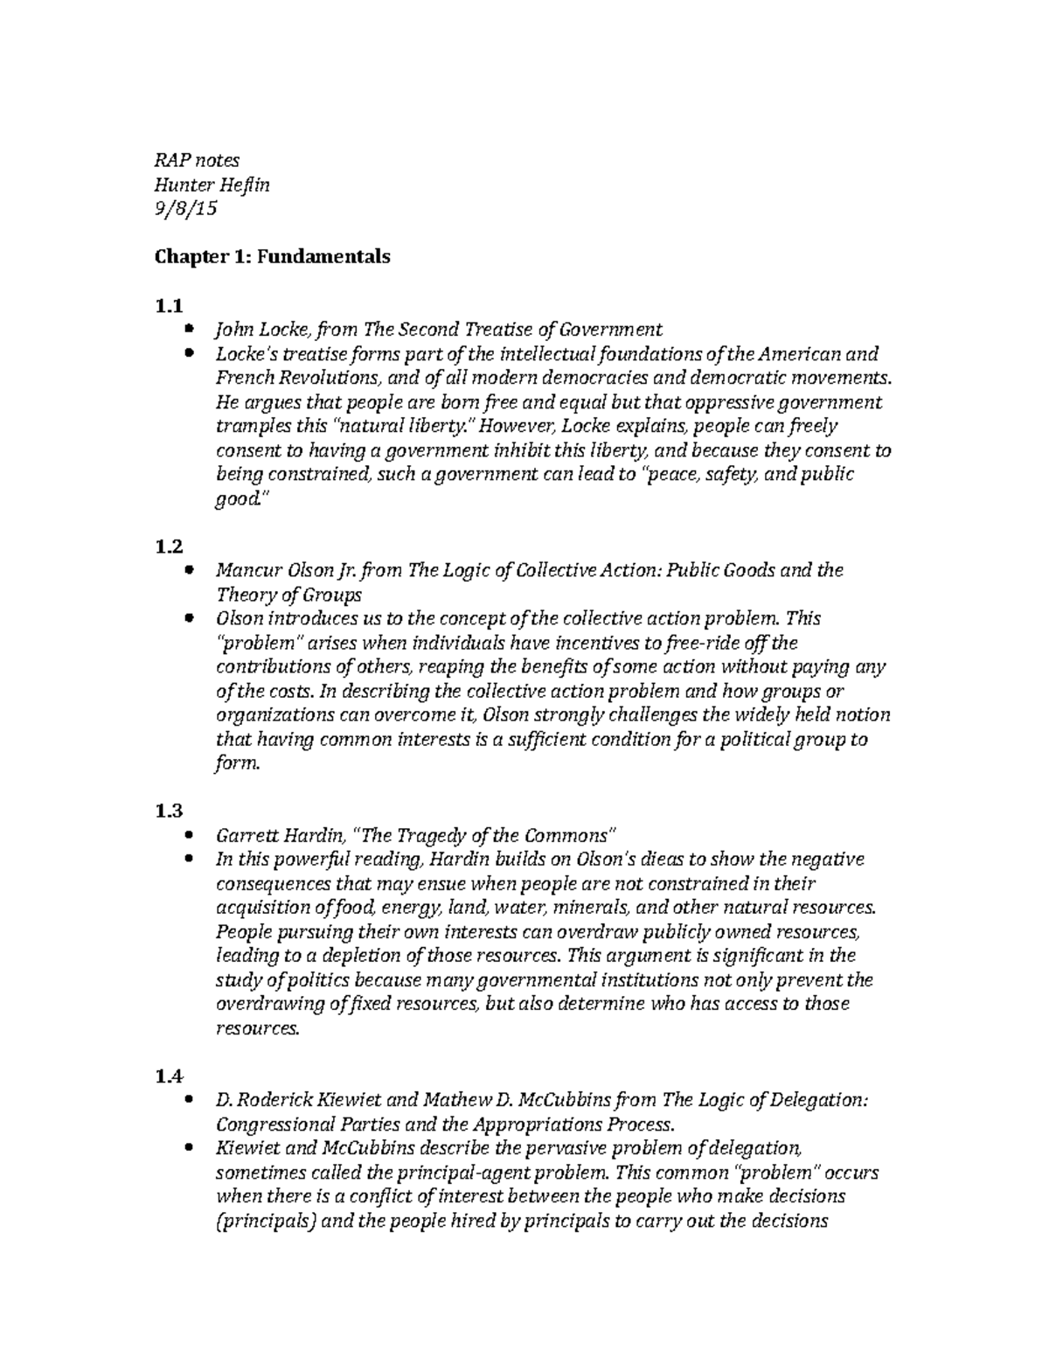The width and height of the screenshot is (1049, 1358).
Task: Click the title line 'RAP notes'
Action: (197, 160)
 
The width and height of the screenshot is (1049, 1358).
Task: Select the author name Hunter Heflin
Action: (212, 185)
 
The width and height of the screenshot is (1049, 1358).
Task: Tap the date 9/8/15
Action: (185, 209)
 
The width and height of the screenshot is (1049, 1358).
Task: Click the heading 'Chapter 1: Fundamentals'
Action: (272, 257)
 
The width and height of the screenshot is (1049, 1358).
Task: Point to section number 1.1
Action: (169, 306)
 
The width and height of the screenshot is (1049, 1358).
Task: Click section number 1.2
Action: (169, 547)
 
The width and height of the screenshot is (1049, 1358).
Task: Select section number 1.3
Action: (169, 811)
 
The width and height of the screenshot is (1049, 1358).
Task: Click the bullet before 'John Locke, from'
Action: (191, 330)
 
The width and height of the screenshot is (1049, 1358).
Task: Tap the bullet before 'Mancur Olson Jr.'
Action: (191, 570)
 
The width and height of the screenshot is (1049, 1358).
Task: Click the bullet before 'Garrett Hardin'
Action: (191, 835)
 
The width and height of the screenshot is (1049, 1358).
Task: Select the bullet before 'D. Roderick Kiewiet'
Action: (191, 1099)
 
